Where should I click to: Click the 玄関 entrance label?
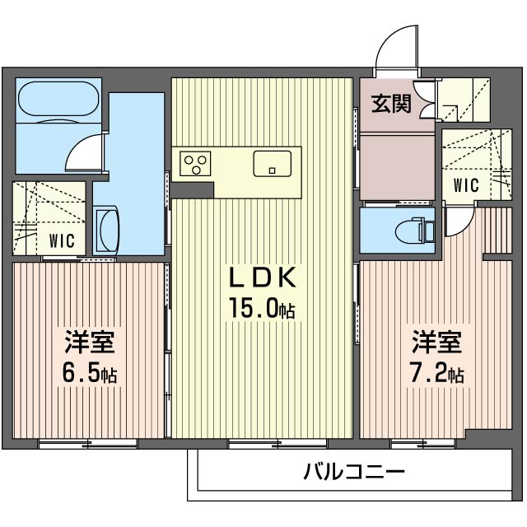(x=391, y=105)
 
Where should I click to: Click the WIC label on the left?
(x=62, y=240)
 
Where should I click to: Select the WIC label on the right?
(x=466, y=184)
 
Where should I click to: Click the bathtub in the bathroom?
(x=58, y=100)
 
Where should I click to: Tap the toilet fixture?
(x=416, y=228)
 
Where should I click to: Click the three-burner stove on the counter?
(x=198, y=162)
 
